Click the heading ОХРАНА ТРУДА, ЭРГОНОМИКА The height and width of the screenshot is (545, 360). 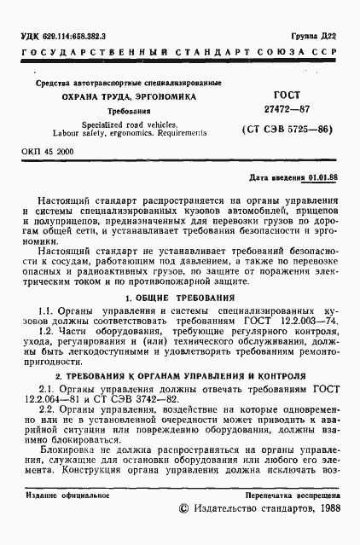pos(123,97)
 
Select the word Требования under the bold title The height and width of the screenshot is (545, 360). pos(123,112)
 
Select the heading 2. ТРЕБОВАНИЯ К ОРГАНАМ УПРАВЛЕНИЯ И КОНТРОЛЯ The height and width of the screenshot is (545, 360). pos(179,375)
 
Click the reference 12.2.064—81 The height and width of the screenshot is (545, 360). pos(49,399)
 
